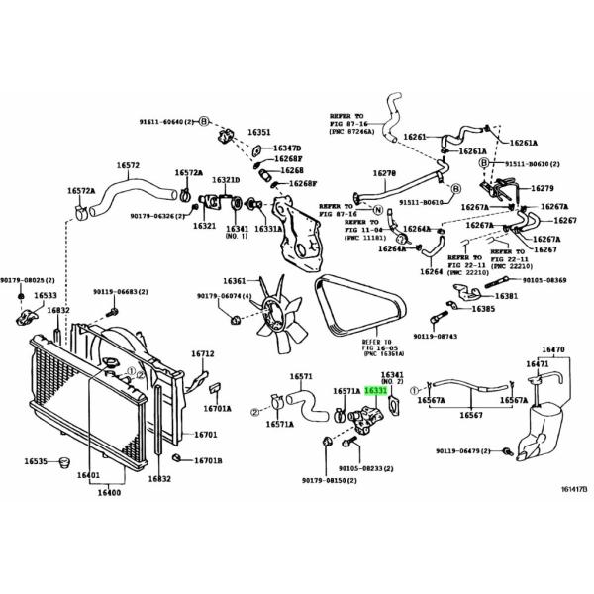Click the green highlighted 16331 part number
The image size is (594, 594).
[x=375, y=392]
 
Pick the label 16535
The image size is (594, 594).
[x=37, y=461]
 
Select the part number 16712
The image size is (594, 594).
[x=202, y=354]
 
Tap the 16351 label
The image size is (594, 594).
[x=259, y=132]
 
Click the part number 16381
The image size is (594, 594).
[x=508, y=296]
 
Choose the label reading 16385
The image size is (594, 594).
[x=483, y=310]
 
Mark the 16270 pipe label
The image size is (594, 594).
[x=384, y=173]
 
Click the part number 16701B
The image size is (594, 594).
[x=207, y=461]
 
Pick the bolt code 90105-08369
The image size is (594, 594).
[x=544, y=281]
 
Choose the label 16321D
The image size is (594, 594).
[x=225, y=180]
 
